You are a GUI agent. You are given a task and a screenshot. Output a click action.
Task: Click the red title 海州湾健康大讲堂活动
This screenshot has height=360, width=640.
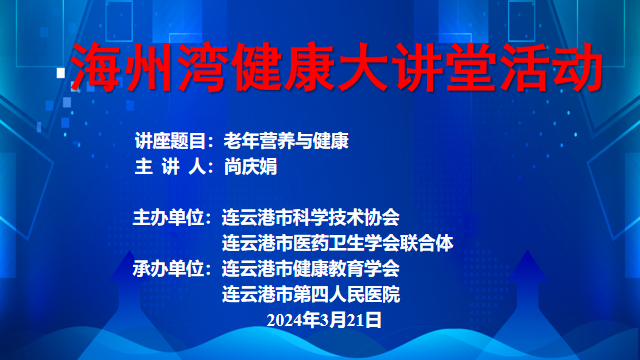336,68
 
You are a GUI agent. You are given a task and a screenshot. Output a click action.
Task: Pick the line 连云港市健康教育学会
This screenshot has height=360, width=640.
311,268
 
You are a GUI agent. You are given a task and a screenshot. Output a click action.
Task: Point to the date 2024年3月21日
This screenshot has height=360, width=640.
325,320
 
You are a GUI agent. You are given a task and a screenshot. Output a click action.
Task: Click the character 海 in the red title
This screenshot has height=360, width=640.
99,68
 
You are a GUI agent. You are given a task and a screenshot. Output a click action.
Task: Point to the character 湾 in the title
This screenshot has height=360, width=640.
192,68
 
